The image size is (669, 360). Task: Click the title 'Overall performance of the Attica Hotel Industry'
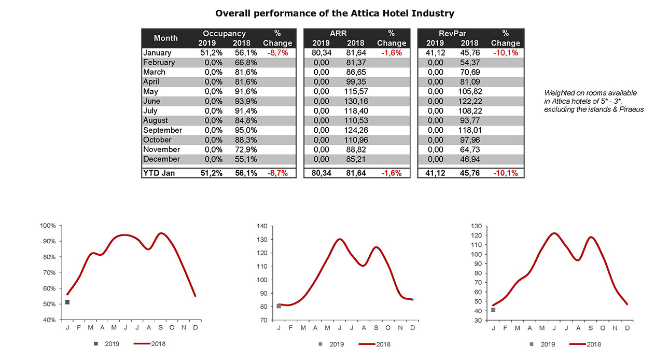tap(335, 12)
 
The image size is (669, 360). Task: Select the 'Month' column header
tap(165, 38)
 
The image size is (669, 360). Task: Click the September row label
tap(162, 130)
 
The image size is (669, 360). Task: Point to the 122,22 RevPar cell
tap(469, 101)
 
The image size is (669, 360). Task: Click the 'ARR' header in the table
tap(338, 33)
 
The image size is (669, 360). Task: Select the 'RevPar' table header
tap(452, 33)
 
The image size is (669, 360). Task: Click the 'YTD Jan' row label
tap(159, 173)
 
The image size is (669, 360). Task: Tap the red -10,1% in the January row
tap(505, 53)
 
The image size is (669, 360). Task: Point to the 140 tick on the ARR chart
tap(262, 226)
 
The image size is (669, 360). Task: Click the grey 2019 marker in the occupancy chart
tap(67, 302)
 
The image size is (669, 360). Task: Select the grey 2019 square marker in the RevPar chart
tap(493, 310)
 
